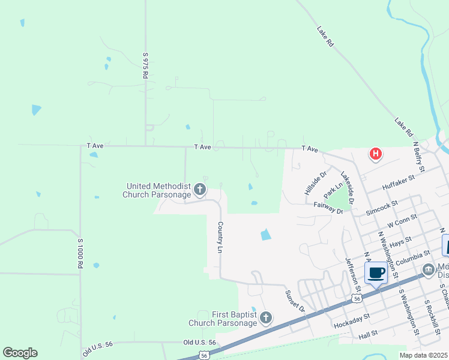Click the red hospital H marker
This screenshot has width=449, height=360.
click(376, 154)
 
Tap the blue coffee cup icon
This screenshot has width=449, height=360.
click(376, 273)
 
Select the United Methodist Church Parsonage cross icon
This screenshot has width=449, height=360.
click(200, 191)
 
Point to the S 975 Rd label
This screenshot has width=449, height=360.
click(145, 65)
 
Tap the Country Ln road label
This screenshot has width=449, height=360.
click(220, 236)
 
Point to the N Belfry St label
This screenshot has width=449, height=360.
click(419, 157)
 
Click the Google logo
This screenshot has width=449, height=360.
click(20, 353)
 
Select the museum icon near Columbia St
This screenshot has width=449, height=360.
click(428, 269)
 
